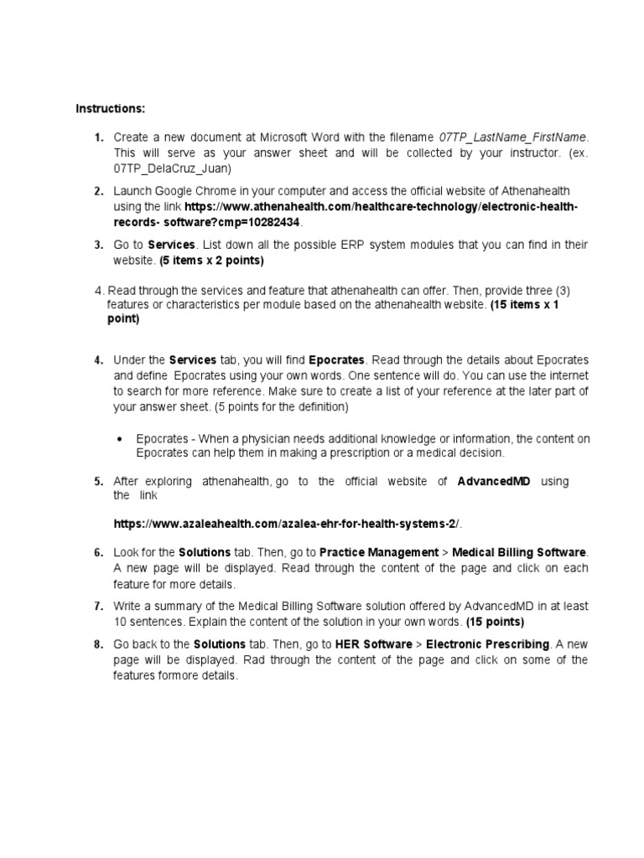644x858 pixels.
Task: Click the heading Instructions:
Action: (x=110, y=109)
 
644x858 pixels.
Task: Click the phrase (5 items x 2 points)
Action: (x=212, y=260)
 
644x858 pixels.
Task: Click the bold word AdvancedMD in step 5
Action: (x=494, y=481)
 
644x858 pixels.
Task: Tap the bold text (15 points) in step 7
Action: (x=496, y=622)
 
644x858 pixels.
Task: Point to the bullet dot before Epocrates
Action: (x=122, y=439)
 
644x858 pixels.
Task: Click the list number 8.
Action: (x=97, y=645)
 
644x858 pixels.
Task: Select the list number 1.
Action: (x=97, y=137)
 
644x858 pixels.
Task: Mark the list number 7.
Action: (x=97, y=607)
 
